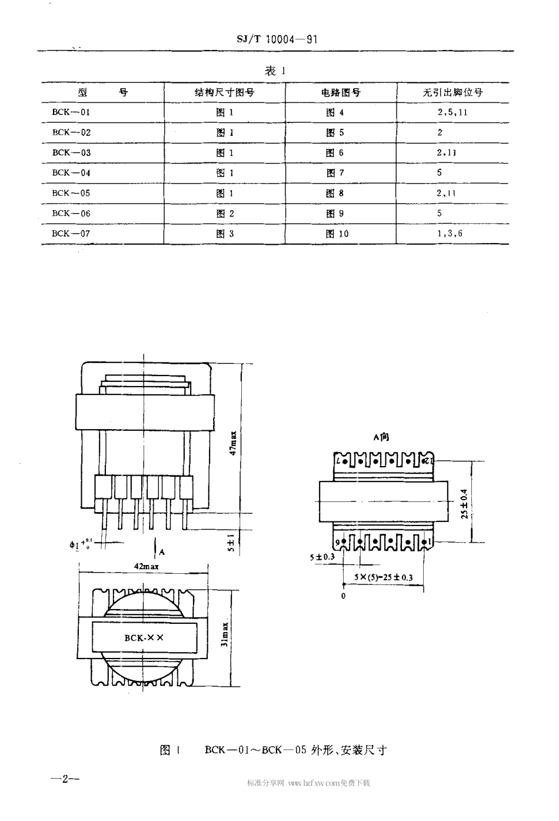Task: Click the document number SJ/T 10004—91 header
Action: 275,39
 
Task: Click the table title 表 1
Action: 275,71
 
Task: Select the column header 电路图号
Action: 341,92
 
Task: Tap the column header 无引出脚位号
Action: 452,92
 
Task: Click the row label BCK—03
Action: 71,153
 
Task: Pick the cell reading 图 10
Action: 338,234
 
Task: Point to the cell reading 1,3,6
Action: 450,234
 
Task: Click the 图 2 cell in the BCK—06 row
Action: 225,214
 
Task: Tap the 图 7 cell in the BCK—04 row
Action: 335,173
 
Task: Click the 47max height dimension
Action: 233,443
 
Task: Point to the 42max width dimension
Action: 147,566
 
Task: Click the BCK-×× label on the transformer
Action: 144,637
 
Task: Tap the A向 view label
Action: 381,437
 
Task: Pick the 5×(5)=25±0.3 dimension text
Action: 383,577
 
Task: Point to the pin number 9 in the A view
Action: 338,541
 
